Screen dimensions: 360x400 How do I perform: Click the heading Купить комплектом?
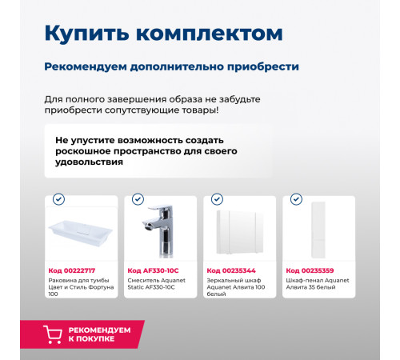click(x=162, y=34)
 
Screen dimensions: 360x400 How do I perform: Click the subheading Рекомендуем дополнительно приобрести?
click(x=171, y=66)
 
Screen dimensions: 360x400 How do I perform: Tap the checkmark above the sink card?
click(x=58, y=198)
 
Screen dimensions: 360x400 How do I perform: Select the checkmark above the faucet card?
click(x=138, y=198)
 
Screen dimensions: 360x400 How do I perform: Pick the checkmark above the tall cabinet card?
click(x=296, y=198)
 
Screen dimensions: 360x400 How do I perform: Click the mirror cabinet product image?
click(x=238, y=232)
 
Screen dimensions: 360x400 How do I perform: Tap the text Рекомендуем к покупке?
click(x=98, y=334)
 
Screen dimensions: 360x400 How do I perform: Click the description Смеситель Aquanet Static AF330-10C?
click(x=158, y=285)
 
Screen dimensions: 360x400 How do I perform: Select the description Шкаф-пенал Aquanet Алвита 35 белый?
click(x=318, y=285)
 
